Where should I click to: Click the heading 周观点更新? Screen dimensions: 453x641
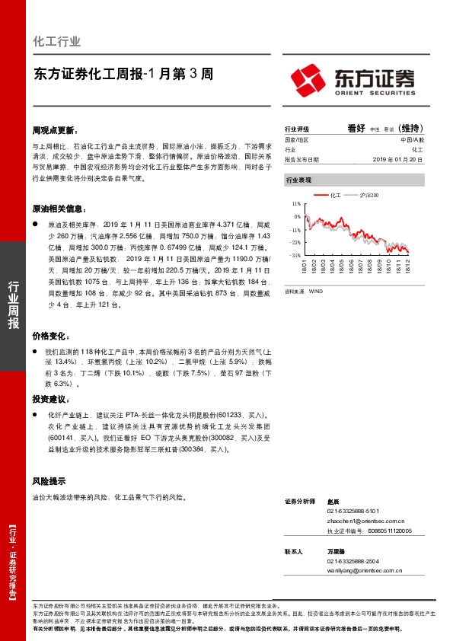(55, 130)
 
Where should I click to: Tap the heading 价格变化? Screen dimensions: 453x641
(49, 336)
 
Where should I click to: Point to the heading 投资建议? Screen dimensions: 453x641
(49, 399)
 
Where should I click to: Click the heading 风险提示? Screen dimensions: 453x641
(49, 482)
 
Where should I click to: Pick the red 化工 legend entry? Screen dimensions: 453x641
(330, 196)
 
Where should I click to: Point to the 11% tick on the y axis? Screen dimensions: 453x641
(296, 205)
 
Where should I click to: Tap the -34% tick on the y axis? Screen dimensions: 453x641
(295, 255)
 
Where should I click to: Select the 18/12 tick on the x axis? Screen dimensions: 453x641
(409, 267)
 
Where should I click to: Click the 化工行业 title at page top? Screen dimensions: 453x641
(57, 42)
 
